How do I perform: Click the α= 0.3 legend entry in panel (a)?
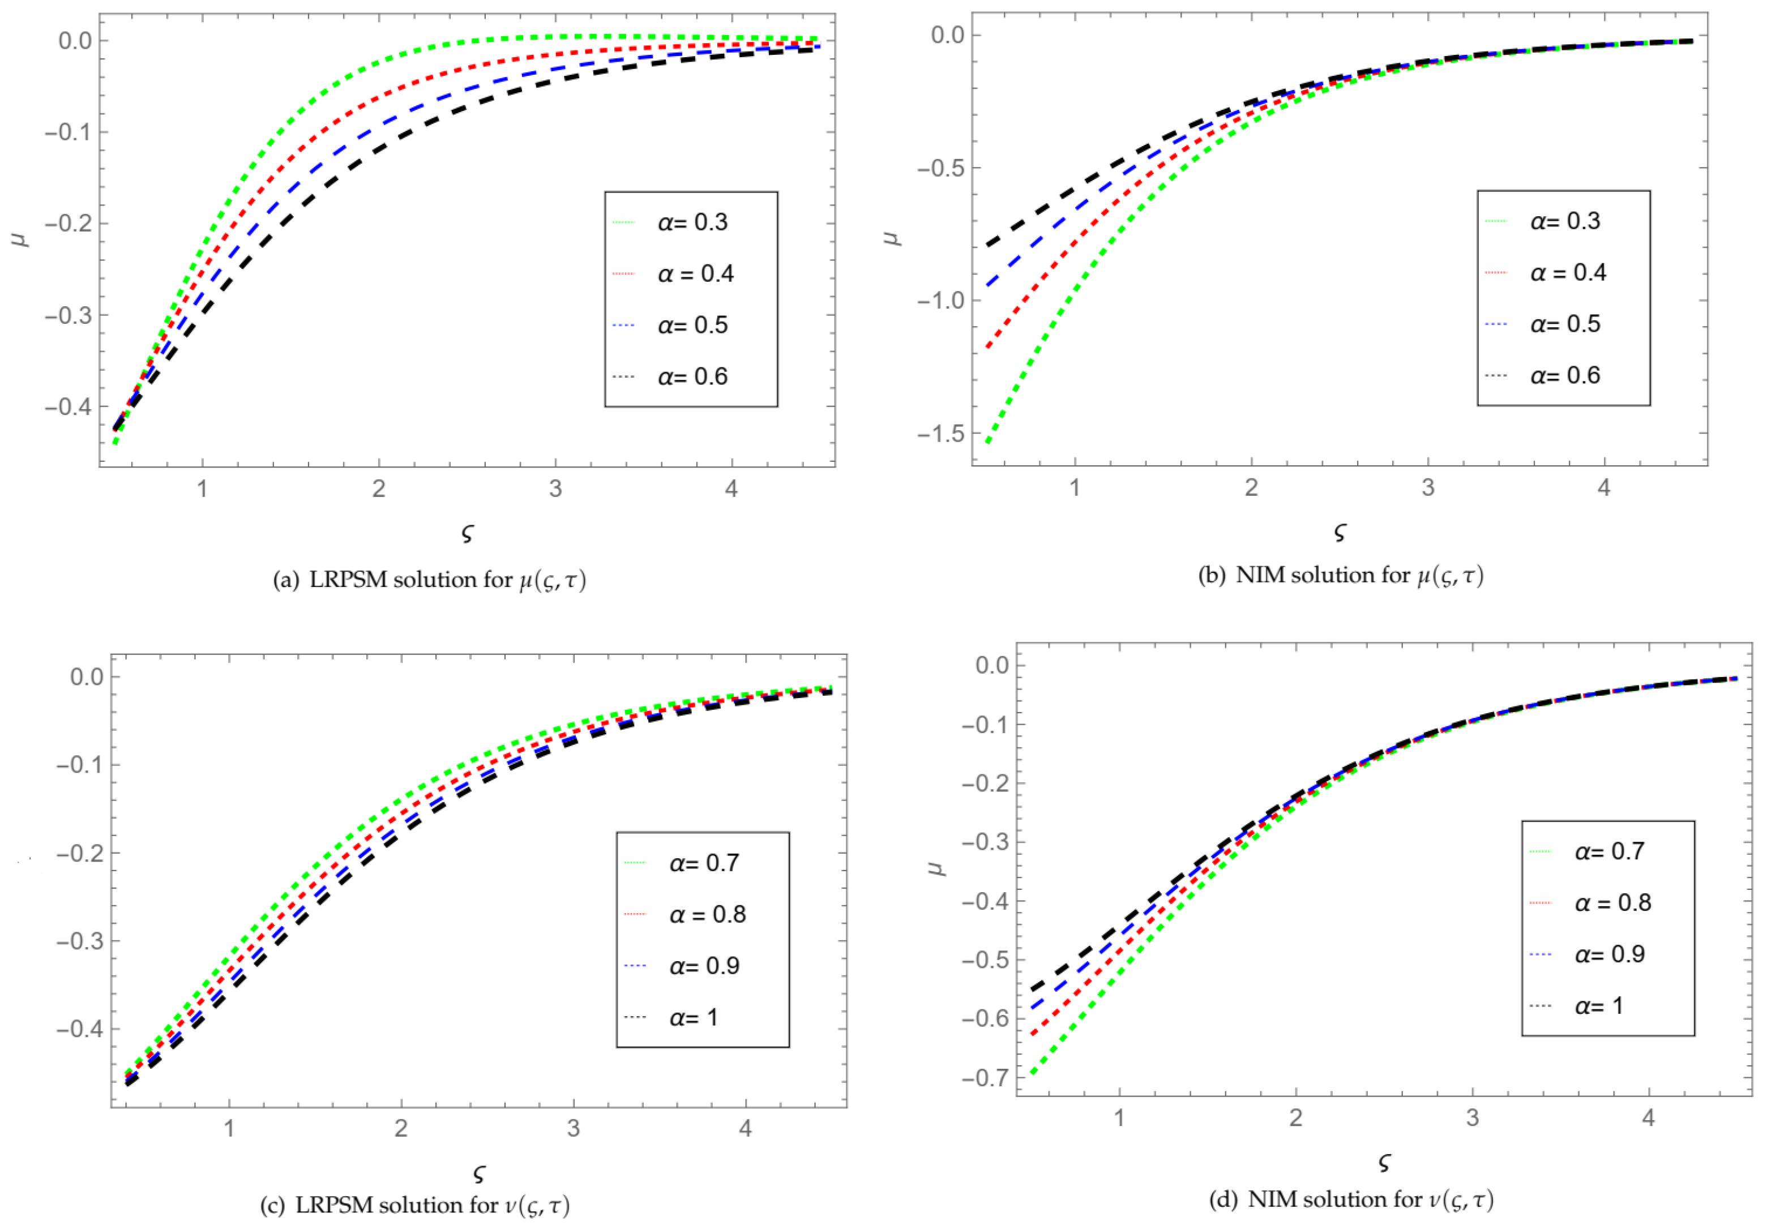point(691,222)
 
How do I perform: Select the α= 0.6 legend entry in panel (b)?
point(1564,375)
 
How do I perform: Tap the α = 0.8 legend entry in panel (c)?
point(706,914)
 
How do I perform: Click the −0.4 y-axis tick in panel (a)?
point(69,407)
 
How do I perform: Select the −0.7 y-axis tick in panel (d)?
point(986,1078)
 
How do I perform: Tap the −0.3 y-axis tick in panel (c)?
point(80,941)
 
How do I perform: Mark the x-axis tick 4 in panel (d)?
point(1648,1117)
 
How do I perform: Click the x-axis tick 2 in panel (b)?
point(1251,487)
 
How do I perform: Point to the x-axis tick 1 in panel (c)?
point(229,1128)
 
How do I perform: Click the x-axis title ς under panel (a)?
point(468,533)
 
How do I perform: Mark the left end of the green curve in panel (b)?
point(989,442)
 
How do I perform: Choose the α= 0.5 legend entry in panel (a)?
point(691,325)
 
